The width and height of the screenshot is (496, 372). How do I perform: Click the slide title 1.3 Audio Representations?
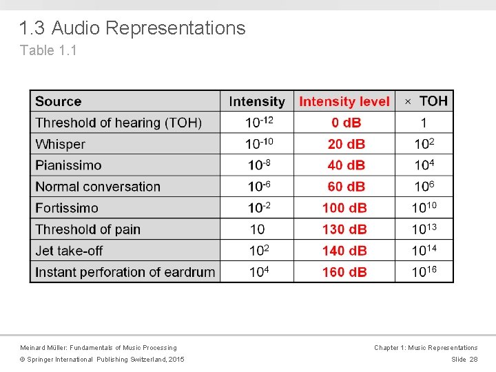tap(132, 28)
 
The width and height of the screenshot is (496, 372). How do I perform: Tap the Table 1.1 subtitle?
tap(48, 50)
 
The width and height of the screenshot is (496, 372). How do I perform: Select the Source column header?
tap(59, 101)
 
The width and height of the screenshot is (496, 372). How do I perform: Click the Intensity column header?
tap(257, 101)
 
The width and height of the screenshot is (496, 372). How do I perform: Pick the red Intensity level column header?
tap(344, 101)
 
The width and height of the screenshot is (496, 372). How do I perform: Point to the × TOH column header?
tap(425, 101)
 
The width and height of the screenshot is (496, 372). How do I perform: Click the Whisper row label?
tap(61, 144)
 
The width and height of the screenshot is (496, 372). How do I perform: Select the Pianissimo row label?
tap(68, 165)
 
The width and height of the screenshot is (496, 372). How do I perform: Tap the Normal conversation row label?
tap(98, 187)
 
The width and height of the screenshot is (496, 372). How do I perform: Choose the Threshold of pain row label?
tap(88, 229)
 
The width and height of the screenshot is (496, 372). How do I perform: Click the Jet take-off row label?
tap(69, 251)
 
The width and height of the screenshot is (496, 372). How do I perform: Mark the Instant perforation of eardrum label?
tap(125, 272)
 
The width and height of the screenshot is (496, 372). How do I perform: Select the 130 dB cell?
tap(344, 229)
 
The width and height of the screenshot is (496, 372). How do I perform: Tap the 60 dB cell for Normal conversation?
tap(344, 187)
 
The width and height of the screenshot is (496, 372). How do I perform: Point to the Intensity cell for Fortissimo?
tap(257, 207)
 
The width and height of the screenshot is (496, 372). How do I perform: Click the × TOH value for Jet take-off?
tap(424, 251)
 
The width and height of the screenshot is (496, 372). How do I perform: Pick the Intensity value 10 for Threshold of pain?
tap(257, 229)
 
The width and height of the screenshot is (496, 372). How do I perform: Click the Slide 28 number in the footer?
tap(464, 360)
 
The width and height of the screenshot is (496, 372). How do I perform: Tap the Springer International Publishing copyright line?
tap(102, 360)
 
